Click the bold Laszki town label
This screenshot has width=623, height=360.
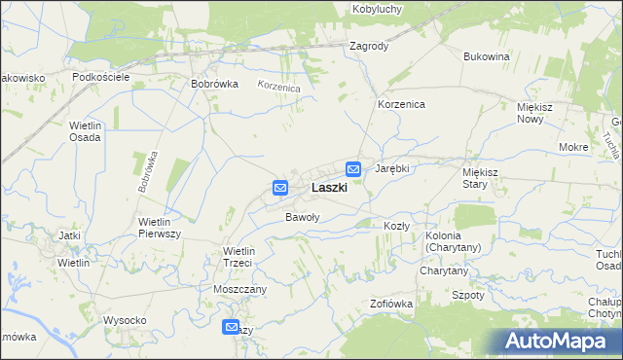point(329,187)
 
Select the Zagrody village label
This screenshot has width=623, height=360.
point(368,46)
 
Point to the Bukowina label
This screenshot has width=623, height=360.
point(487,56)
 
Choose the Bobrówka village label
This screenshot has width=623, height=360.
point(215,84)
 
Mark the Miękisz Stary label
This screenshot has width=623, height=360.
point(480,177)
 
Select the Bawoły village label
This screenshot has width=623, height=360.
point(302,217)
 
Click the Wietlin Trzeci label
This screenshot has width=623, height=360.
point(238,257)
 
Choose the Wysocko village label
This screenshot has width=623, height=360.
point(125,320)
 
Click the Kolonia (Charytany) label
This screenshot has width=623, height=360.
point(454,241)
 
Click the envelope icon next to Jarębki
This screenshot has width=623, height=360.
point(354,169)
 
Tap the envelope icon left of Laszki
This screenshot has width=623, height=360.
point(280,187)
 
